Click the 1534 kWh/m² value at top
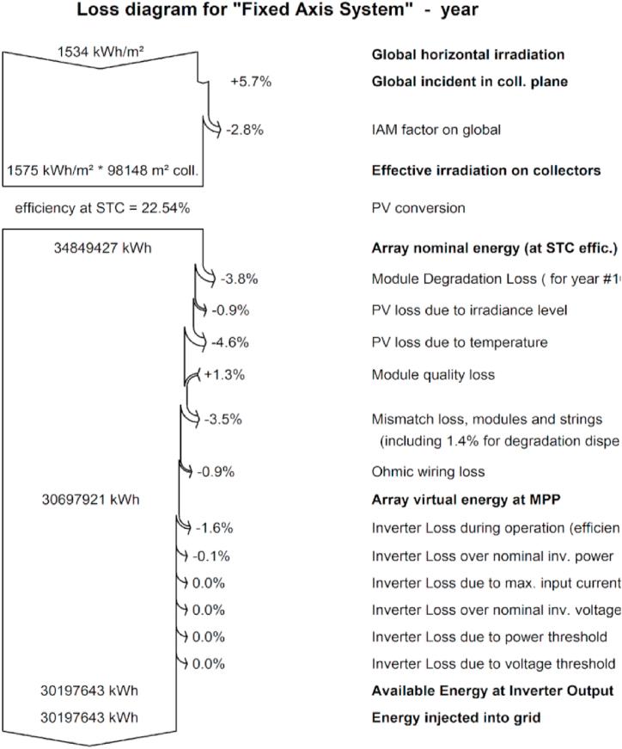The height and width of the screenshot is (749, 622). [x=101, y=52]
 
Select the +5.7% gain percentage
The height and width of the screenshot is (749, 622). [x=249, y=83]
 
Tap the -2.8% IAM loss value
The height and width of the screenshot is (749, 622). [x=244, y=131]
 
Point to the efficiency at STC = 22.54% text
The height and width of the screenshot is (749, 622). [x=102, y=208]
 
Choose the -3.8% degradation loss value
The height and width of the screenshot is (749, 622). [x=239, y=279]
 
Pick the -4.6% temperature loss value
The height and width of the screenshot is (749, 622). [x=229, y=342]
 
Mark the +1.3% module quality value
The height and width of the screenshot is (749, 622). [x=226, y=375]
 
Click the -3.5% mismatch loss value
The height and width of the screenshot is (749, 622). [x=223, y=420]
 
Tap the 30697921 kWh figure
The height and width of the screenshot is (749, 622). [x=90, y=498]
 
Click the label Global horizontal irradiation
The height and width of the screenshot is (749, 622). [x=456, y=55]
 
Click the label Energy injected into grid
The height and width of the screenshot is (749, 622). [x=455, y=693]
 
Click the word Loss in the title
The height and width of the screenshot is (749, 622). [x=97, y=11]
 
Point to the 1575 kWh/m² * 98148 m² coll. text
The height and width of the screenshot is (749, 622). [x=102, y=170]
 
